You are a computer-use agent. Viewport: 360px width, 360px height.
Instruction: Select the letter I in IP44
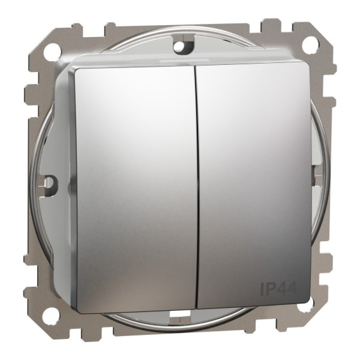(262, 288)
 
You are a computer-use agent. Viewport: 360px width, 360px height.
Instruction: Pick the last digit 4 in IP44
(292, 287)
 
